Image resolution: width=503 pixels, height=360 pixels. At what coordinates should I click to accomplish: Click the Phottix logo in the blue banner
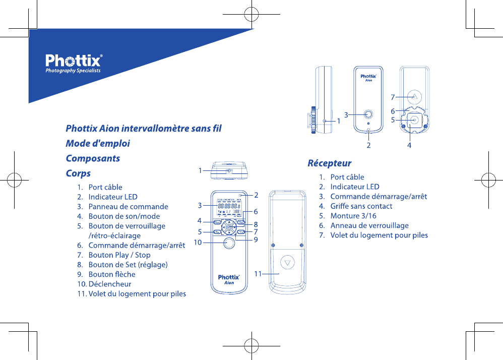74,63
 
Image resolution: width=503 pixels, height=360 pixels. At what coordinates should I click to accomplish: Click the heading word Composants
93,158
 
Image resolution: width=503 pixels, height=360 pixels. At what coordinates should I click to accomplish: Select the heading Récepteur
329,163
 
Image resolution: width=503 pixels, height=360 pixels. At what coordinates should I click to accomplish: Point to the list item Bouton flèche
111,274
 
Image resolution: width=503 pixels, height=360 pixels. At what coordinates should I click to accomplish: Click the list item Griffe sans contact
361,206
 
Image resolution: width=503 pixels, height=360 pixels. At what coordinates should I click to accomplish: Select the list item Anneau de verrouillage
369,225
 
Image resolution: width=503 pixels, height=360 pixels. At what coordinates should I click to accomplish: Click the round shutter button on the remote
228,243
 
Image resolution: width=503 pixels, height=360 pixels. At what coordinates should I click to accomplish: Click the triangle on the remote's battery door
287,263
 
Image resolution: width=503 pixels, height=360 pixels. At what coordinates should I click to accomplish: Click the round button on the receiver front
369,114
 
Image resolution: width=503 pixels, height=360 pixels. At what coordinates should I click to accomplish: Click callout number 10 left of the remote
198,243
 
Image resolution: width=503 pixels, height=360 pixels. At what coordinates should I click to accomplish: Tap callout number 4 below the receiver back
409,145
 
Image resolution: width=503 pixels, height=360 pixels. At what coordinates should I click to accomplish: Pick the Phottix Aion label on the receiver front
369,78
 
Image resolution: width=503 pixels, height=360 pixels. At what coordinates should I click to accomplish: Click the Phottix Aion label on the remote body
228,279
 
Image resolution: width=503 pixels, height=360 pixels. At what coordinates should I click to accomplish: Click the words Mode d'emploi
98,143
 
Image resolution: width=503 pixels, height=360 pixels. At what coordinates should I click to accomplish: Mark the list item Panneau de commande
128,207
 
